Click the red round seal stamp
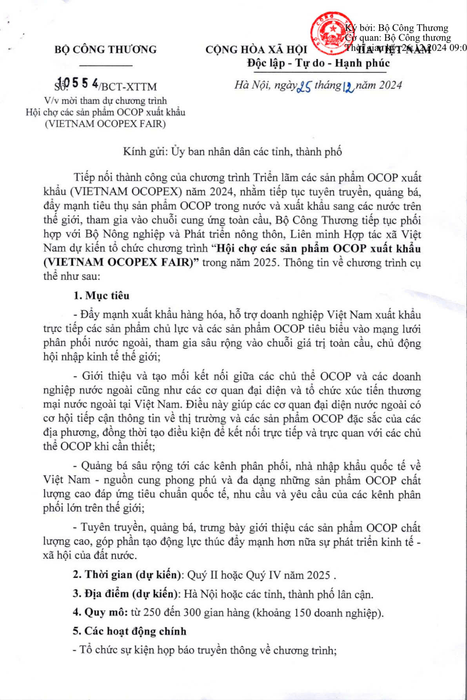click(x=331, y=33)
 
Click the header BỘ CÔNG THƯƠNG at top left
click(x=105, y=50)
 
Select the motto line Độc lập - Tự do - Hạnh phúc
click(x=318, y=63)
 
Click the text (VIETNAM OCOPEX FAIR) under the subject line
click(x=105, y=124)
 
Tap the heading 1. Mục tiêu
click(x=101, y=295)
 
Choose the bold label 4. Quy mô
click(x=100, y=612)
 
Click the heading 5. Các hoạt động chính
click(x=129, y=631)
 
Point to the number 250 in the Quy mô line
click(x=152, y=613)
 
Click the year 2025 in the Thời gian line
click(x=318, y=575)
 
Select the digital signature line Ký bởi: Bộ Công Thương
click(x=396, y=28)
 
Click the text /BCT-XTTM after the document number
click(x=128, y=87)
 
